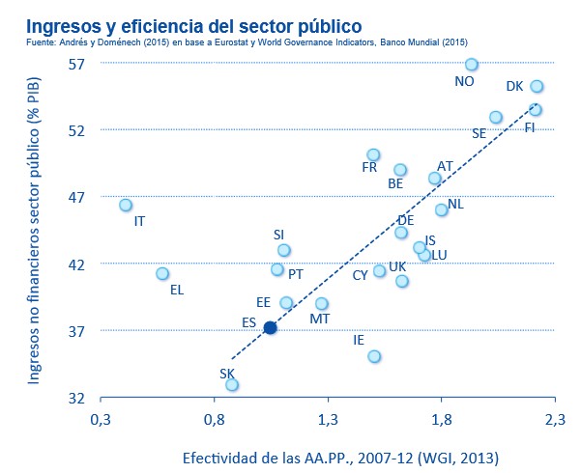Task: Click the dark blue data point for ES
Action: click(x=271, y=328)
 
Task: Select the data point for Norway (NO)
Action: click(x=472, y=65)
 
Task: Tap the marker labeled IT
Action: click(x=126, y=205)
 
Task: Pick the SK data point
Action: click(x=232, y=384)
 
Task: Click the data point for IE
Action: click(x=374, y=356)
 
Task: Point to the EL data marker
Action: click(x=162, y=274)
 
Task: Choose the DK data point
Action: click(x=537, y=86)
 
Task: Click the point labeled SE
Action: click(x=496, y=117)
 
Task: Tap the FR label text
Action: click(x=369, y=167)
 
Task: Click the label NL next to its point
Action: click(x=456, y=204)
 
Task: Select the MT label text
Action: click(x=319, y=318)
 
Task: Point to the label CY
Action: click(x=360, y=275)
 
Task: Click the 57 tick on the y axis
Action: click(x=77, y=63)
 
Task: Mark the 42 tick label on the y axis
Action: click(x=77, y=264)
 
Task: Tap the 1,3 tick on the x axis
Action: click(x=328, y=420)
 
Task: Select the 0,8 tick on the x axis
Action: click(x=214, y=420)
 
